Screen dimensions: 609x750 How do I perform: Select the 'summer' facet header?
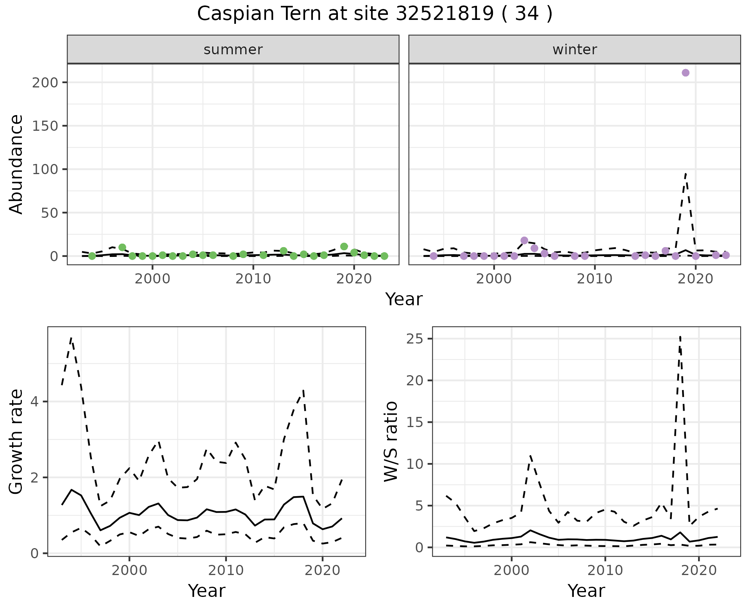pos(233,50)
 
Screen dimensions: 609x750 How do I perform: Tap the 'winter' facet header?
pos(574,50)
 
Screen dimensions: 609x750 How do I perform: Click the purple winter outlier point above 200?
pos(685,73)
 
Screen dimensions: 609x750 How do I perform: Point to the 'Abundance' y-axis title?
pos(16,164)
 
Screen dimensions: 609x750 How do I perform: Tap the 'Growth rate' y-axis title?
pos(16,441)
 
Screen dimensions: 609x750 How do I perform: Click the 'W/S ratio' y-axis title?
pos(391,441)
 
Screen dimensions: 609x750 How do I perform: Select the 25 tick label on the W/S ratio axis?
pos(415,339)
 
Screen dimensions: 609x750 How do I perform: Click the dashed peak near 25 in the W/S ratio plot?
pos(680,337)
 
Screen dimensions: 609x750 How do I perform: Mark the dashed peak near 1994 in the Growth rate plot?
pos(71,338)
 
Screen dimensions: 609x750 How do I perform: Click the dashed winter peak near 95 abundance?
pos(686,174)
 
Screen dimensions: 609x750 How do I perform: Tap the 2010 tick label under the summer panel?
pos(253,280)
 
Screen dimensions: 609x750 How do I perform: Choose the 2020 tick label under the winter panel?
pos(695,280)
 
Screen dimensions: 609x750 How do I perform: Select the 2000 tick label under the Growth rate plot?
pos(129,571)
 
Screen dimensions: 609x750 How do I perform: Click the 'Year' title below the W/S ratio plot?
pos(586,591)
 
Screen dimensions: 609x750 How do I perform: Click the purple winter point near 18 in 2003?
pos(524,240)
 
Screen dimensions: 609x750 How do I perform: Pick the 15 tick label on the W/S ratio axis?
pos(415,422)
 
